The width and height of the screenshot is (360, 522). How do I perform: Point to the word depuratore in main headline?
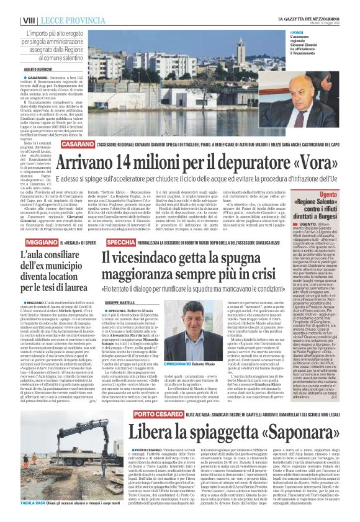tap(227, 164)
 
